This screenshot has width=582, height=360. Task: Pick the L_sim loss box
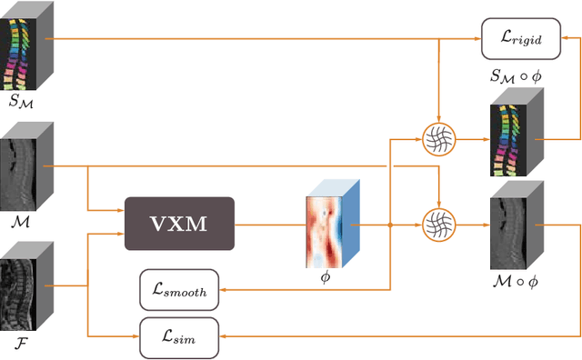click(179, 337)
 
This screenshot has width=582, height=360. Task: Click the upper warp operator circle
click(439, 139)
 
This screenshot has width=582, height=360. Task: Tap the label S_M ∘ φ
click(514, 79)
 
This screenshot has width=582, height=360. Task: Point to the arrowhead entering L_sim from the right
click(224, 337)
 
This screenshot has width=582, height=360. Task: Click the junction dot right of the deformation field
click(390, 224)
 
